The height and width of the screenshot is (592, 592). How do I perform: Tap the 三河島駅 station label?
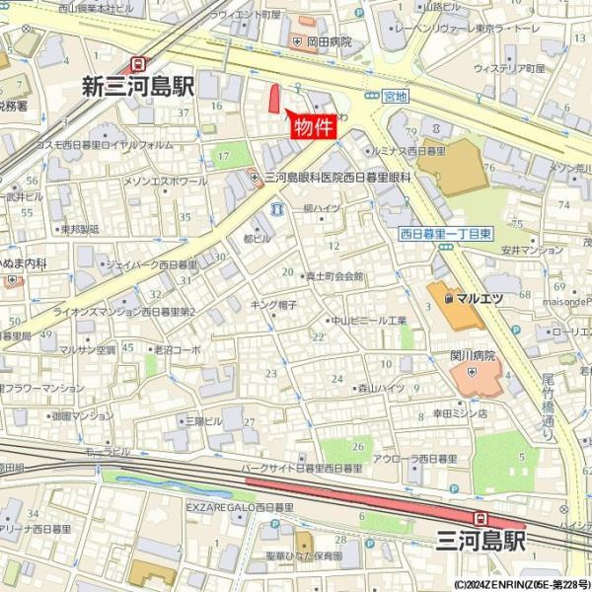tap(481, 540)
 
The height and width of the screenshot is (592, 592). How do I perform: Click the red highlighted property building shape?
tap(275, 101)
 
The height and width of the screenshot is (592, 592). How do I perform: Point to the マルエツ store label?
tap(475, 295)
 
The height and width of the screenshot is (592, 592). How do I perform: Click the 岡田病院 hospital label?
tap(329, 41)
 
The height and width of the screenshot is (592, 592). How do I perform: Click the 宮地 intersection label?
tap(395, 96)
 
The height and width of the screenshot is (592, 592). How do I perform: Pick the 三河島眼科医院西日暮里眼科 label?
tap(336, 177)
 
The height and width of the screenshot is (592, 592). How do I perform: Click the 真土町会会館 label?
tap(334, 277)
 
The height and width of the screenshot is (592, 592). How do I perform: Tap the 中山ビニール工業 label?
tap(368, 321)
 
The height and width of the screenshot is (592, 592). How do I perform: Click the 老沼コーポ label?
tap(177, 349)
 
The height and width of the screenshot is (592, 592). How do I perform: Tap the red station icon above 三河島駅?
tap(481, 517)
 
